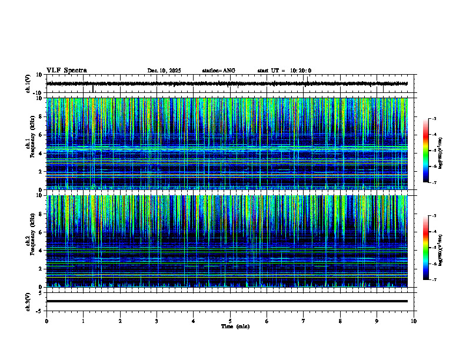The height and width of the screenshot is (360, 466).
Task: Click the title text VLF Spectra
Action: click(x=66, y=71)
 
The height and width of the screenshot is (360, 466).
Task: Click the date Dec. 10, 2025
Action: click(x=164, y=71)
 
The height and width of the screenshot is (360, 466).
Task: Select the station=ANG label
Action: click(x=218, y=71)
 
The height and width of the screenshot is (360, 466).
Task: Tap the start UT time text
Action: click(x=284, y=71)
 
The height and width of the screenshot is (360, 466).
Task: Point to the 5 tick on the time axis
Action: click(x=230, y=321)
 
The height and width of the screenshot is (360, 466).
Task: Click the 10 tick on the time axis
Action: click(x=414, y=321)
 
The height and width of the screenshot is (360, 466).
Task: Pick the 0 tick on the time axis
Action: click(x=46, y=321)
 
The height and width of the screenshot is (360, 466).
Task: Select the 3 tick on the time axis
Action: click(x=157, y=321)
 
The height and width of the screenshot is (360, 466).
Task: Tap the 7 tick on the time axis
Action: click(x=304, y=321)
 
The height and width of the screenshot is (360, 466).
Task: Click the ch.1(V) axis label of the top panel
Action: click(x=28, y=84)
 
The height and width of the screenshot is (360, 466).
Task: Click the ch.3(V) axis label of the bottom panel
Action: click(x=28, y=301)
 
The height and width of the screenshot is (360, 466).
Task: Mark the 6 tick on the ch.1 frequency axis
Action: click(x=41, y=135)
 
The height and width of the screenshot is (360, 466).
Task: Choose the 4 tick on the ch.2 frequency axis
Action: click(x=41, y=250)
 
